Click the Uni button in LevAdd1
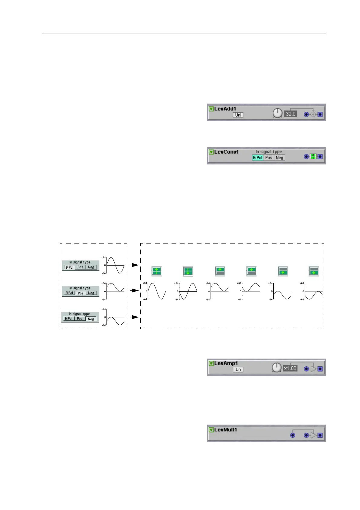tap(238, 115)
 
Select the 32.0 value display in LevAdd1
tap(290, 114)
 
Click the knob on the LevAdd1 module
tap(277, 113)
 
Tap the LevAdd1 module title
tap(225, 109)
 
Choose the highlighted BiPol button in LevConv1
tap(257, 157)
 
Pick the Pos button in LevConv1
tap(269, 157)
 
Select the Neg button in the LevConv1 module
tap(279, 157)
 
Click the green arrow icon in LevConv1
tap(313, 157)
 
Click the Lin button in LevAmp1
tap(238, 369)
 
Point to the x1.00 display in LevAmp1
tap(290, 369)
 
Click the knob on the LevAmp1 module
tap(277, 368)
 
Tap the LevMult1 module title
tap(225, 430)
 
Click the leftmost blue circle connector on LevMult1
tap(293, 435)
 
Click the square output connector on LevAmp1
tap(320, 369)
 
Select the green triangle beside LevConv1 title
tap(211, 152)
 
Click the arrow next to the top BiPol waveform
tap(135, 265)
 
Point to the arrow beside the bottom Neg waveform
tap(135, 317)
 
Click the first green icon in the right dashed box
tap(156, 271)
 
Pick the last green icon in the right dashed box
tap(314, 271)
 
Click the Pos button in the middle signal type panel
tap(80, 293)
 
